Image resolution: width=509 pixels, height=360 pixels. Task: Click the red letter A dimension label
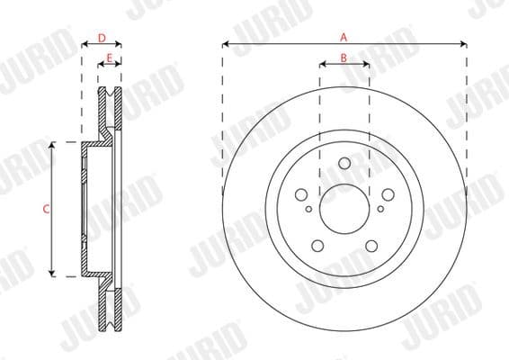[x=344, y=37]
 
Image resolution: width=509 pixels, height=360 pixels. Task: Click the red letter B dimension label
[x=344, y=58]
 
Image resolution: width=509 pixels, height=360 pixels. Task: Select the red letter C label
[x=46, y=209]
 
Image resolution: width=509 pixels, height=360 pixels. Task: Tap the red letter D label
[x=102, y=37]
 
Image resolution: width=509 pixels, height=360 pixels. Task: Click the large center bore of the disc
[x=344, y=209]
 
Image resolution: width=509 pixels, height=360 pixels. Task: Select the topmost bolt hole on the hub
[x=344, y=163]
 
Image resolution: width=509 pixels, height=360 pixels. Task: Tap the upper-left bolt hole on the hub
[x=300, y=194]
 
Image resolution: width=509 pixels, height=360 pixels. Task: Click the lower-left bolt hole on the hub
[x=317, y=246]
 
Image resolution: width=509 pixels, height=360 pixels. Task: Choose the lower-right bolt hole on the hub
[x=371, y=246]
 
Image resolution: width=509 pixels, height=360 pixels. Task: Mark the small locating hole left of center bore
[x=308, y=209]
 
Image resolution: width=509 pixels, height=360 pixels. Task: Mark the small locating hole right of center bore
[x=380, y=209]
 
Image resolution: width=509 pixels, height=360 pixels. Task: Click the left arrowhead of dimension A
[x=226, y=43]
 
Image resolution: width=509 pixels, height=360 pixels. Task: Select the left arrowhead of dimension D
[x=85, y=43]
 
